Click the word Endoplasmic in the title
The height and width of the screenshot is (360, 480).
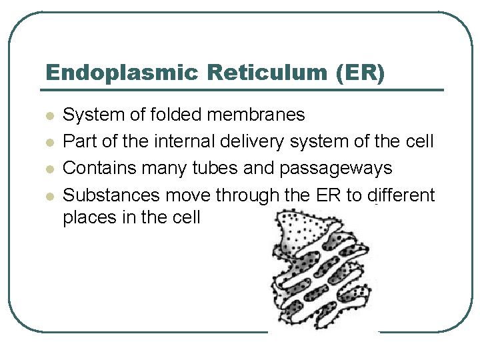(x=122, y=73)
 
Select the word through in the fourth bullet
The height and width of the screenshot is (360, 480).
(x=267, y=196)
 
